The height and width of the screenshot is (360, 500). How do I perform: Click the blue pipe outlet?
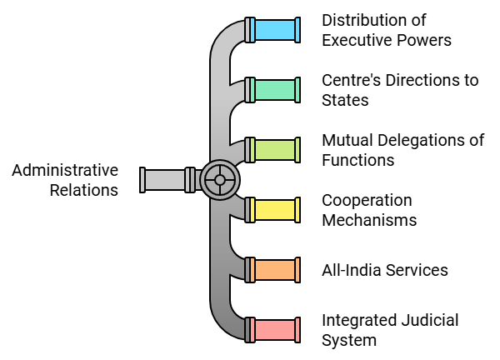point(275,30)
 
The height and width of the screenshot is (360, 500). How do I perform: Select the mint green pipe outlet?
point(275,90)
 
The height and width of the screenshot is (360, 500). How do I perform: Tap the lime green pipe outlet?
point(275,150)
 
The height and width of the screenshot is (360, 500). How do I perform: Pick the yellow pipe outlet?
point(275,210)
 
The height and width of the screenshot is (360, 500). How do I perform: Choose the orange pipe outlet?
point(275,270)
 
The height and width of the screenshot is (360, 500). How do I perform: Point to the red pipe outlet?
point(275,330)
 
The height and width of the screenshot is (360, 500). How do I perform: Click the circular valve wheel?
point(220,179)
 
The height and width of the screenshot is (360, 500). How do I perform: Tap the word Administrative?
point(65,170)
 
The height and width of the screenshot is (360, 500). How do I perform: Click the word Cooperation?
point(367,201)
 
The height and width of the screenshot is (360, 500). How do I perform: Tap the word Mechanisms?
point(369,221)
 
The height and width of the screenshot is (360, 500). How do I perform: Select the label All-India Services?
point(385,270)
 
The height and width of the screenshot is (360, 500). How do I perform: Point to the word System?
point(349,340)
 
